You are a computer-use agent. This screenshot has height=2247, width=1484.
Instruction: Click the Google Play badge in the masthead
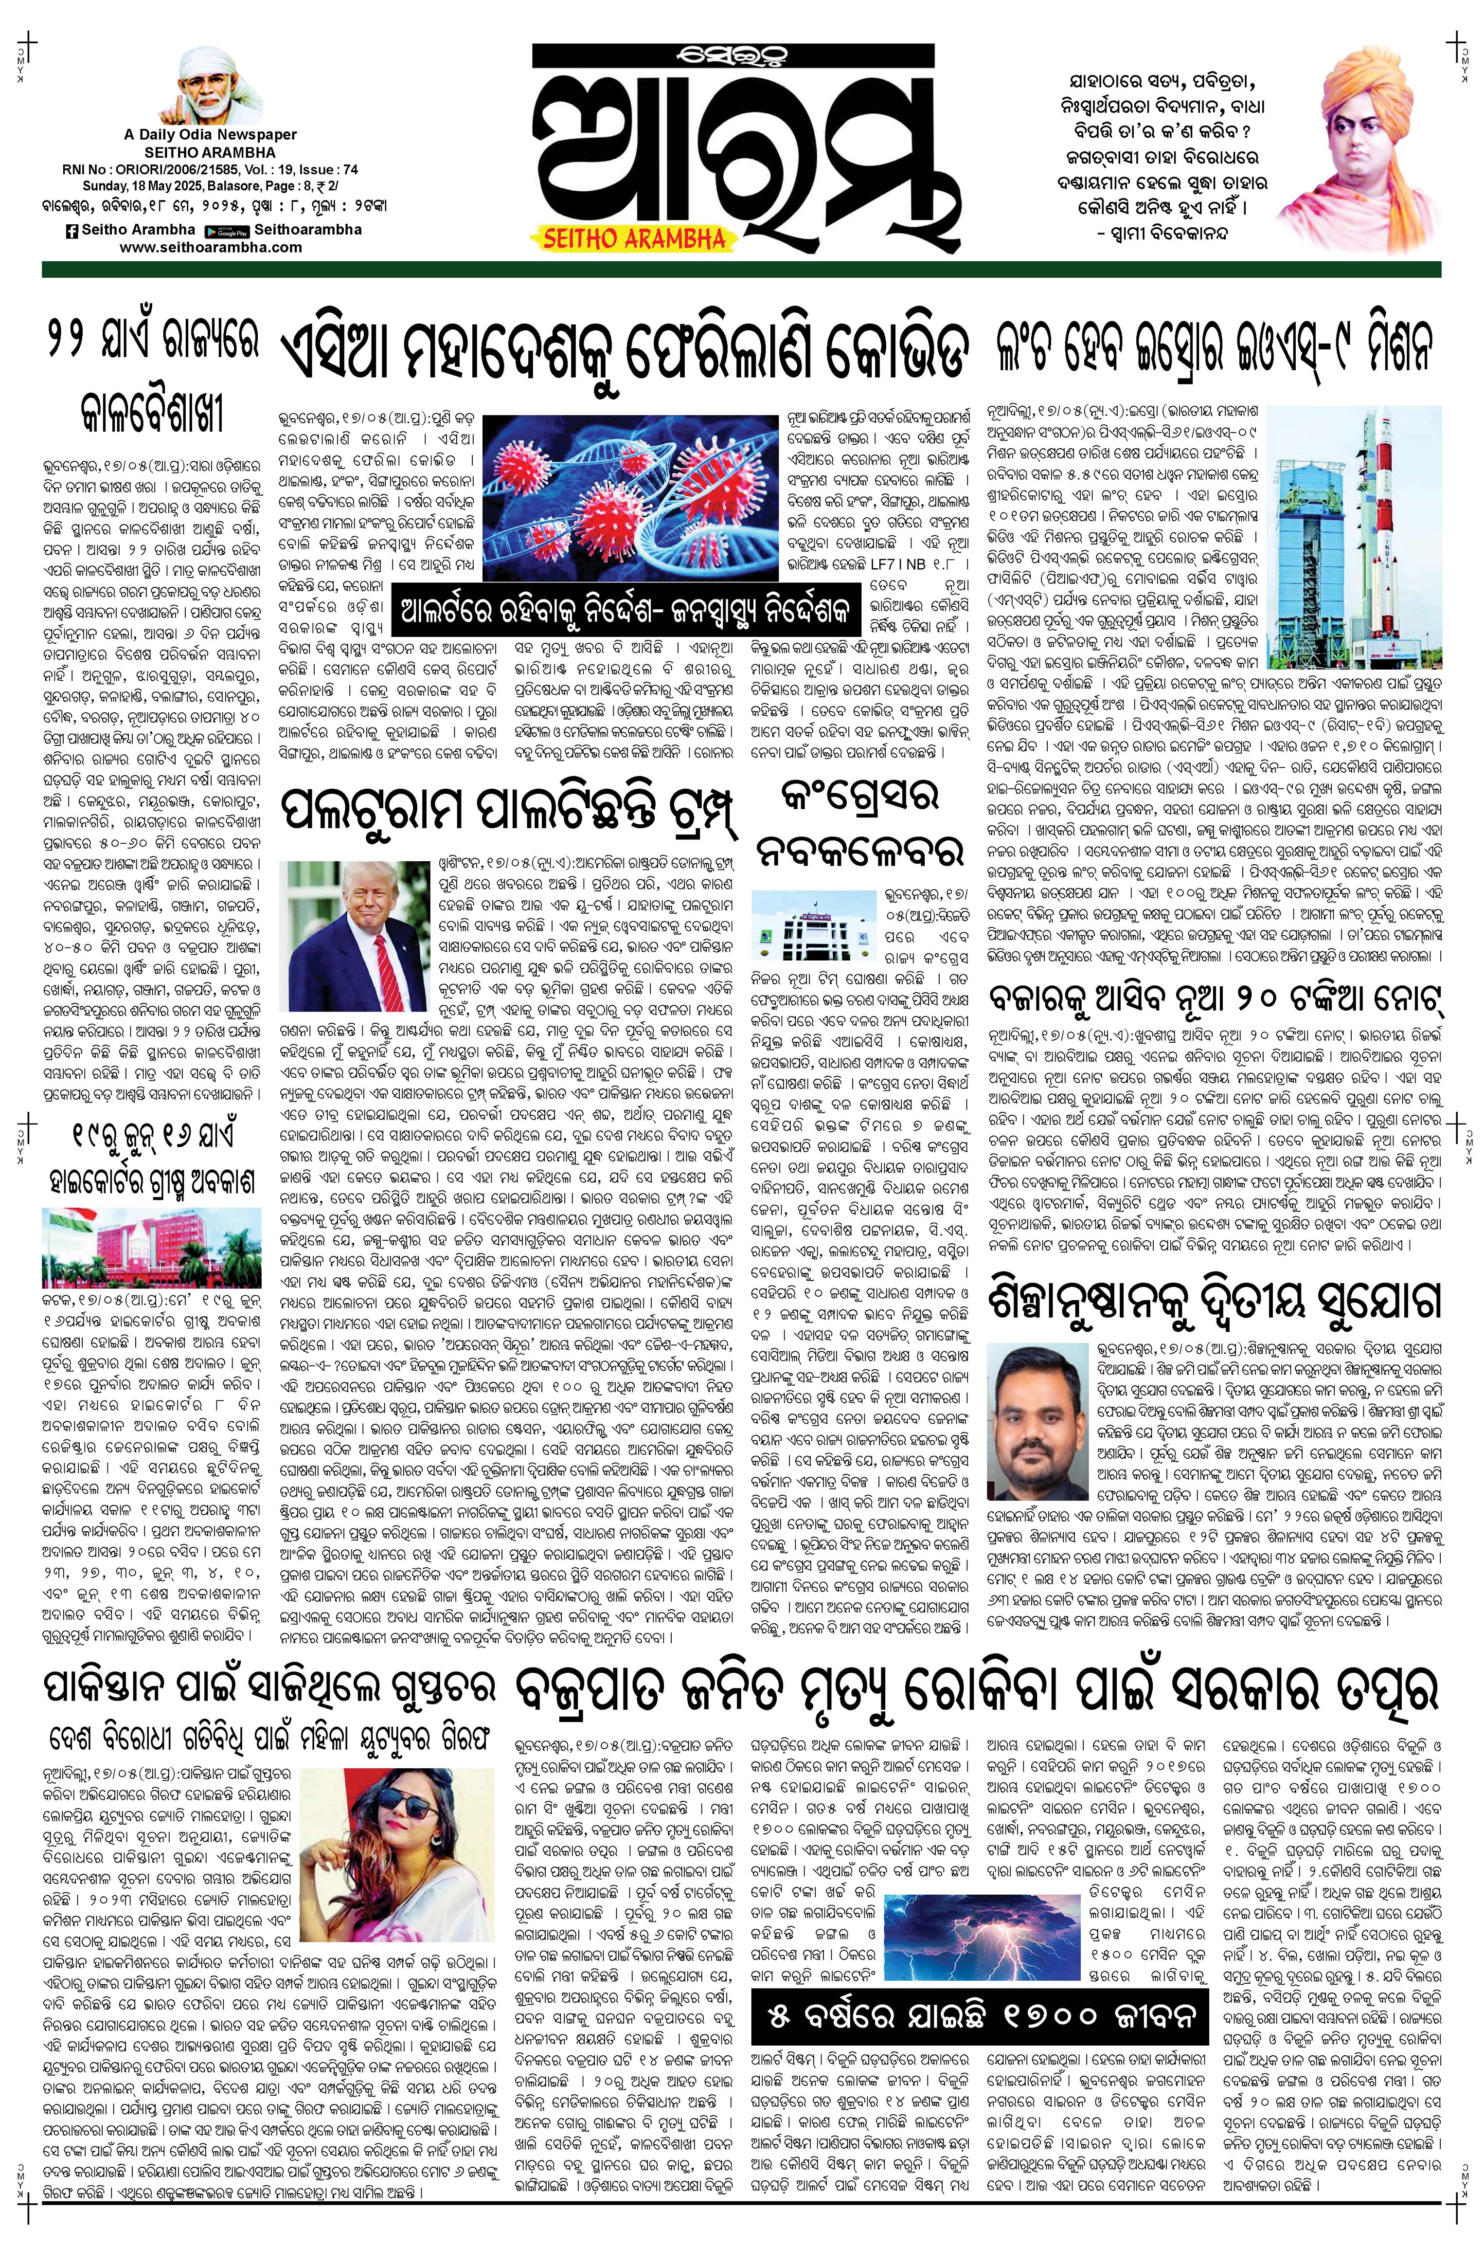(226, 230)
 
